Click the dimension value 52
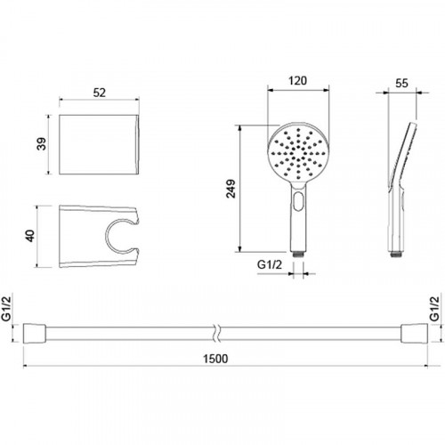click(100, 93)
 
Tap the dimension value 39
click(42, 143)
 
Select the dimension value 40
click(30, 236)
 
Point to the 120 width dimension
click(298, 81)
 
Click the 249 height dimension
click(231, 189)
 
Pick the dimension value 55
click(401, 84)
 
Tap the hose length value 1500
click(215, 359)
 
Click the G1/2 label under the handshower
click(270, 264)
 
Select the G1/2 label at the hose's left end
click(6, 309)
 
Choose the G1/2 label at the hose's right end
click(435, 309)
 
